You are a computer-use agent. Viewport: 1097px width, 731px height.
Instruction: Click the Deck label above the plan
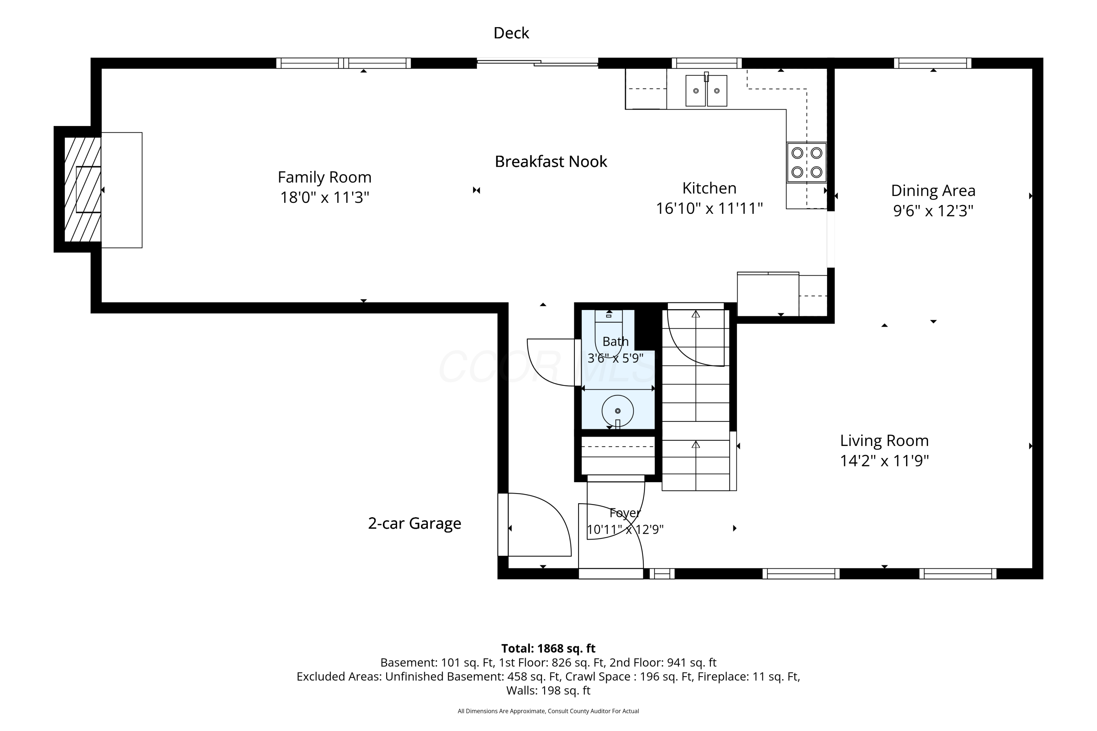tap(511, 33)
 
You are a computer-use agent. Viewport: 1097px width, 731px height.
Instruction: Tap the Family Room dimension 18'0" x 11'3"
tap(325, 198)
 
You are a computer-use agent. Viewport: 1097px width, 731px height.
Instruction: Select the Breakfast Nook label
tap(551, 162)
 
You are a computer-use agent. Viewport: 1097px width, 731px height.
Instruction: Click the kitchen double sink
tap(706, 90)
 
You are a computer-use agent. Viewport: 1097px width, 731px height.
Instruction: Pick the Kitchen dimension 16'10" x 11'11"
tap(709, 208)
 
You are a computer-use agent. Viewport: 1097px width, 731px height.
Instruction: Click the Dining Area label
tap(933, 191)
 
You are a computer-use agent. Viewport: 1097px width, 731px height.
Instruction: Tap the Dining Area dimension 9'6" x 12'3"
tap(933, 211)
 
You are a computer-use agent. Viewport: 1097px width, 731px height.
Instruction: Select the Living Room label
tap(884, 440)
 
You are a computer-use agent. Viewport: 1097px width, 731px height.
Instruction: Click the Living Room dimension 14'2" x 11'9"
tap(884, 461)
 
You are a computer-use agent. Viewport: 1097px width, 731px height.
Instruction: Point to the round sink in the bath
tap(618, 411)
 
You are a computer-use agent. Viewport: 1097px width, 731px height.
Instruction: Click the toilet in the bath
tap(609, 334)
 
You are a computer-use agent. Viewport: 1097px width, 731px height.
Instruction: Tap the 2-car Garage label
tap(415, 523)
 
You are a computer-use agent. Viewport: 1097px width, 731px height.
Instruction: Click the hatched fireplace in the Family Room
tap(83, 189)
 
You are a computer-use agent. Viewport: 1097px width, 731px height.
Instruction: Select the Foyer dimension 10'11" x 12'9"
tap(625, 530)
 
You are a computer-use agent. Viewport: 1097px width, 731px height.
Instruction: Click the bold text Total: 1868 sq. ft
tap(548, 648)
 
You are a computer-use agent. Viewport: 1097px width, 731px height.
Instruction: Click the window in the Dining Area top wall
tap(933, 63)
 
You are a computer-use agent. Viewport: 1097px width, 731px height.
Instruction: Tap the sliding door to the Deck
tap(537, 63)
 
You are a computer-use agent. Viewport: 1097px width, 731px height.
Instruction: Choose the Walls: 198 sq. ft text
tap(548, 690)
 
